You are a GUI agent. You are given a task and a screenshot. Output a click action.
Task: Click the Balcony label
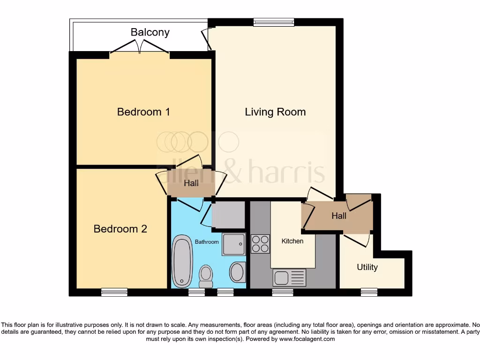tap(150, 32)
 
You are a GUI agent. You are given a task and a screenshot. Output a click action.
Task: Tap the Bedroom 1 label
tap(143, 112)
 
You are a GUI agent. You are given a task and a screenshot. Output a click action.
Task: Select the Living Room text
tap(275, 112)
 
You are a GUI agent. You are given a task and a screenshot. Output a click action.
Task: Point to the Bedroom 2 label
tap(120, 229)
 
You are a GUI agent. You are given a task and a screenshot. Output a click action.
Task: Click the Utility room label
tap(367, 267)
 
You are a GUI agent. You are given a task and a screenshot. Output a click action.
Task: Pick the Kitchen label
tap(292, 241)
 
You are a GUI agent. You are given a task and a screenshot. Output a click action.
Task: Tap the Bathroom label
tap(207, 242)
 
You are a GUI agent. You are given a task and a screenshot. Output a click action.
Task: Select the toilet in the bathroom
tap(206, 276)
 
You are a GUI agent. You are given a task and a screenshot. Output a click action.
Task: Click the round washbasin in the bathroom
tap(237, 272)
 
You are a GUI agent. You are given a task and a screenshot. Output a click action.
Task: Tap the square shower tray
tap(233, 244)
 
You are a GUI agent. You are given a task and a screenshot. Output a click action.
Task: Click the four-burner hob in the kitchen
tap(260, 243)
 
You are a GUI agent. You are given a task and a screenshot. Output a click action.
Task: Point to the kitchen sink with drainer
tap(289, 277)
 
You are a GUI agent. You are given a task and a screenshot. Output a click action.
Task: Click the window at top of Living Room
tap(274, 22)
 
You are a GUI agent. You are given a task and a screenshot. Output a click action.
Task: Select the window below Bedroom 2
tap(114, 292)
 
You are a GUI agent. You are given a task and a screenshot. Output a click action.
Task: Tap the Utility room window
tap(369, 292)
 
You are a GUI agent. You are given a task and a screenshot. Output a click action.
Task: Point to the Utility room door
tap(358, 240)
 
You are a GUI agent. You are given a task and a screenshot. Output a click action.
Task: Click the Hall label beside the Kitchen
tap(339, 216)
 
